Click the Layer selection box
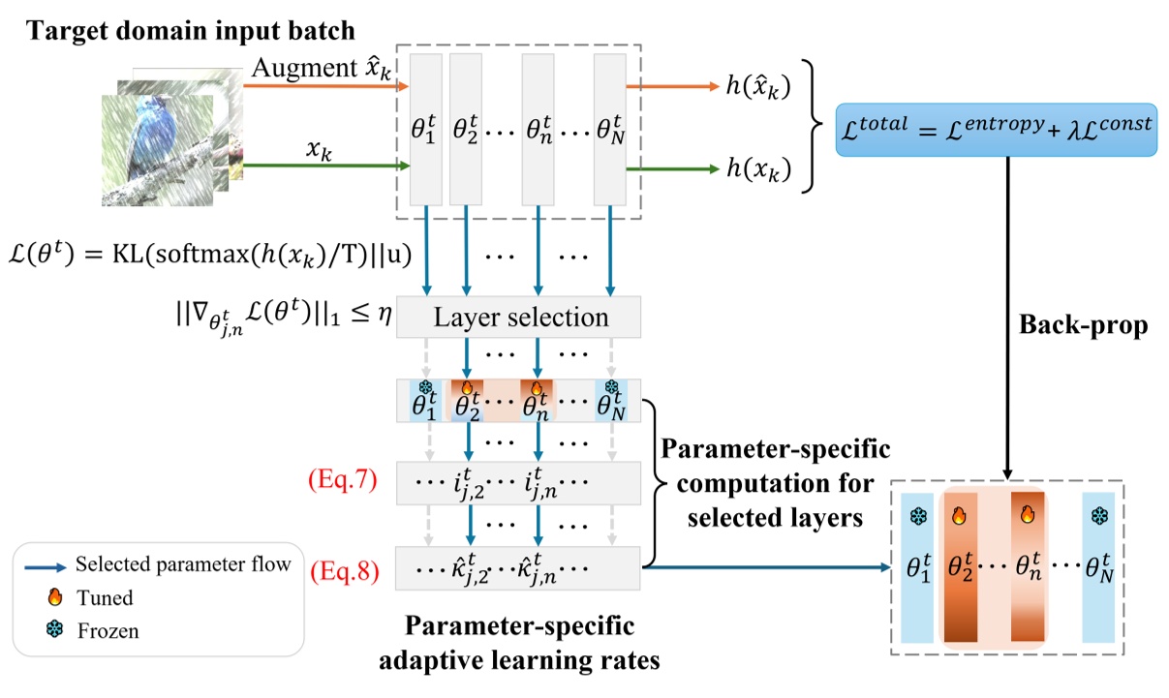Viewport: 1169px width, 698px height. (x=519, y=317)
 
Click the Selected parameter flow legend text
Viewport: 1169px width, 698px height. (x=183, y=565)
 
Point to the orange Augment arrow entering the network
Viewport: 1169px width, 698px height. (x=320, y=86)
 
